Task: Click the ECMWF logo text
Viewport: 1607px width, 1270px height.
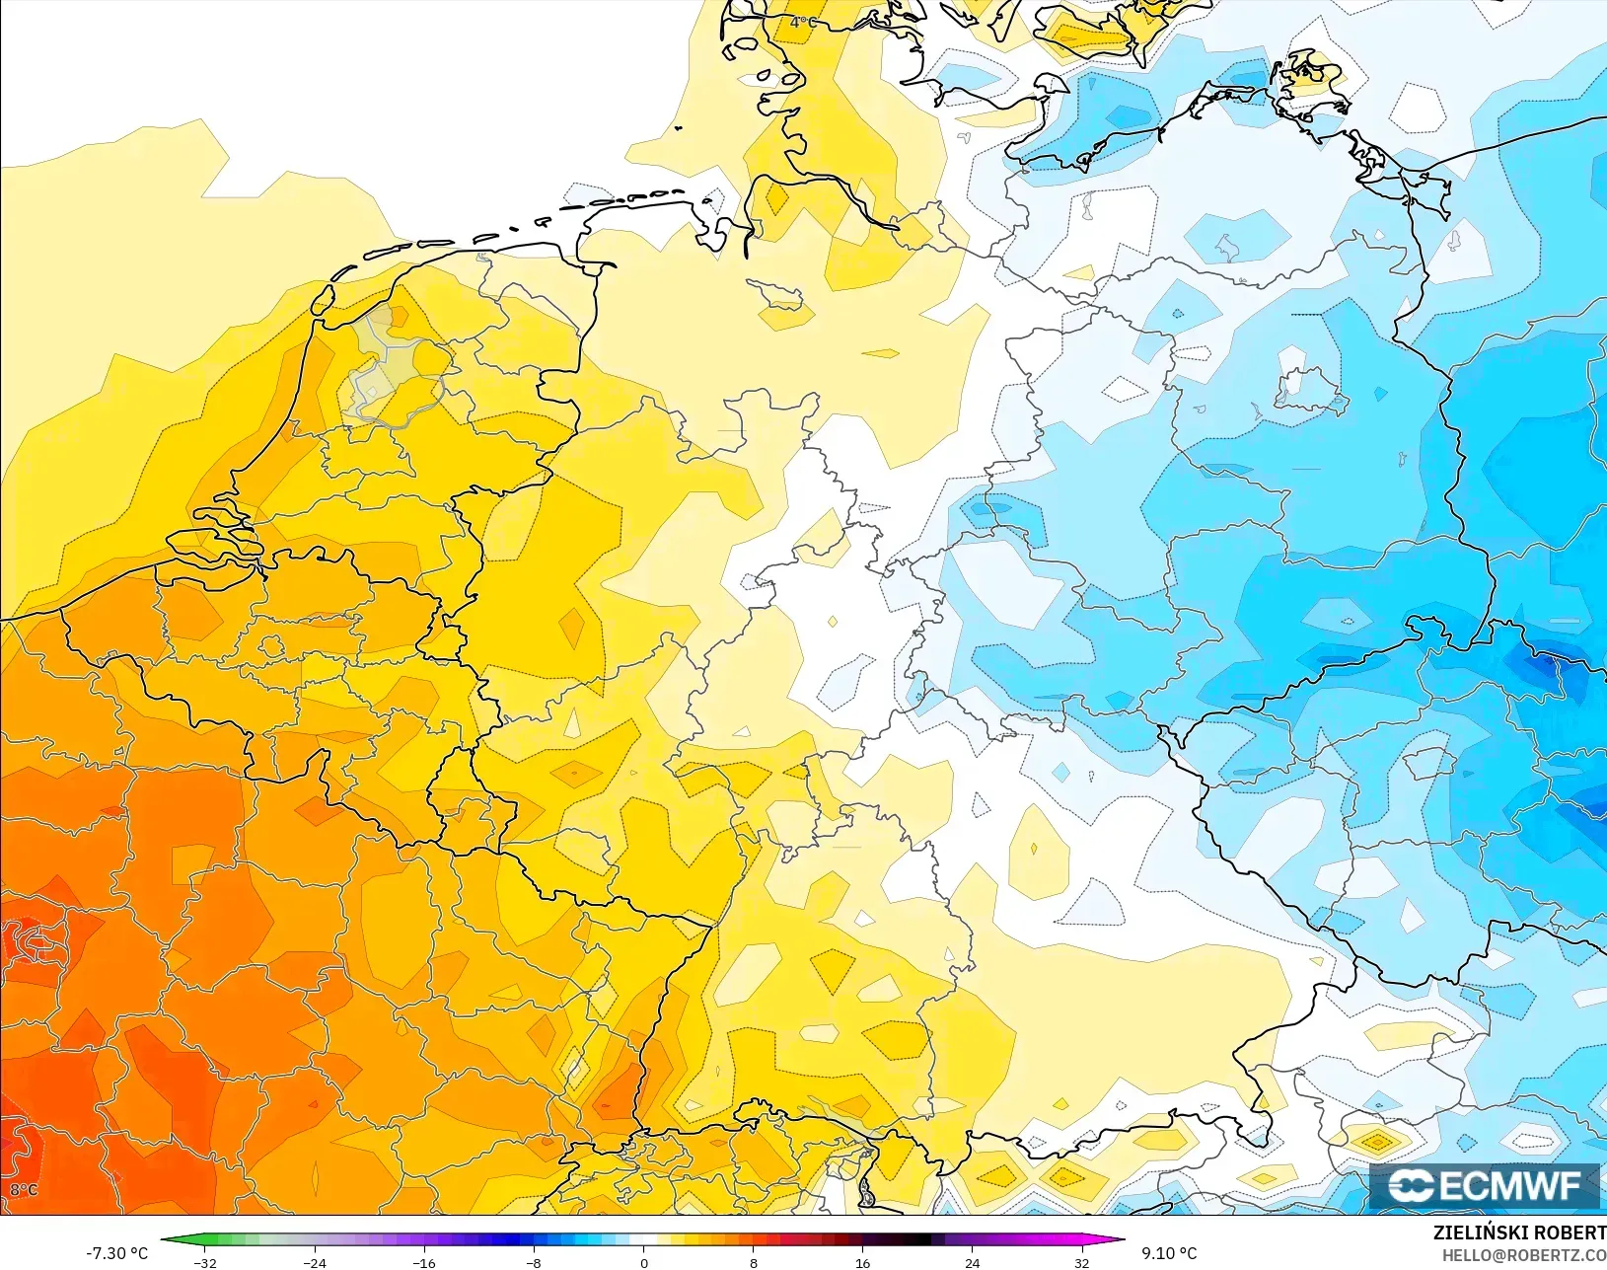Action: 1485,1185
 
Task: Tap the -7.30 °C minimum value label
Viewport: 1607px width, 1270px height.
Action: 116,1253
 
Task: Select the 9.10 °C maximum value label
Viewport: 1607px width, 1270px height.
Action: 1169,1253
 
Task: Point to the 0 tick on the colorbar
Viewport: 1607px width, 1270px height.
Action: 643,1262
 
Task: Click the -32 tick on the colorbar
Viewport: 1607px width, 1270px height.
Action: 205,1262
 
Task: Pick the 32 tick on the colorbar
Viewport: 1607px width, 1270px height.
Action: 1081,1262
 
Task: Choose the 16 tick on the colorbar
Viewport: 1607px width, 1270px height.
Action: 862,1262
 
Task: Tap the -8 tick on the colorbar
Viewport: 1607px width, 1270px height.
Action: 534,1262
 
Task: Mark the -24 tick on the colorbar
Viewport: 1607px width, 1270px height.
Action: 315,1262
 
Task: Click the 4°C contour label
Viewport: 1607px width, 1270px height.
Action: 803,22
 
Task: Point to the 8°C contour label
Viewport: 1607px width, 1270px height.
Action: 24,1190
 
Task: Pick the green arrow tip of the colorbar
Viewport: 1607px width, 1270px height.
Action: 164,1240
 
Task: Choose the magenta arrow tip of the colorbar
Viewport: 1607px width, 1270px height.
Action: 1122,1240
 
